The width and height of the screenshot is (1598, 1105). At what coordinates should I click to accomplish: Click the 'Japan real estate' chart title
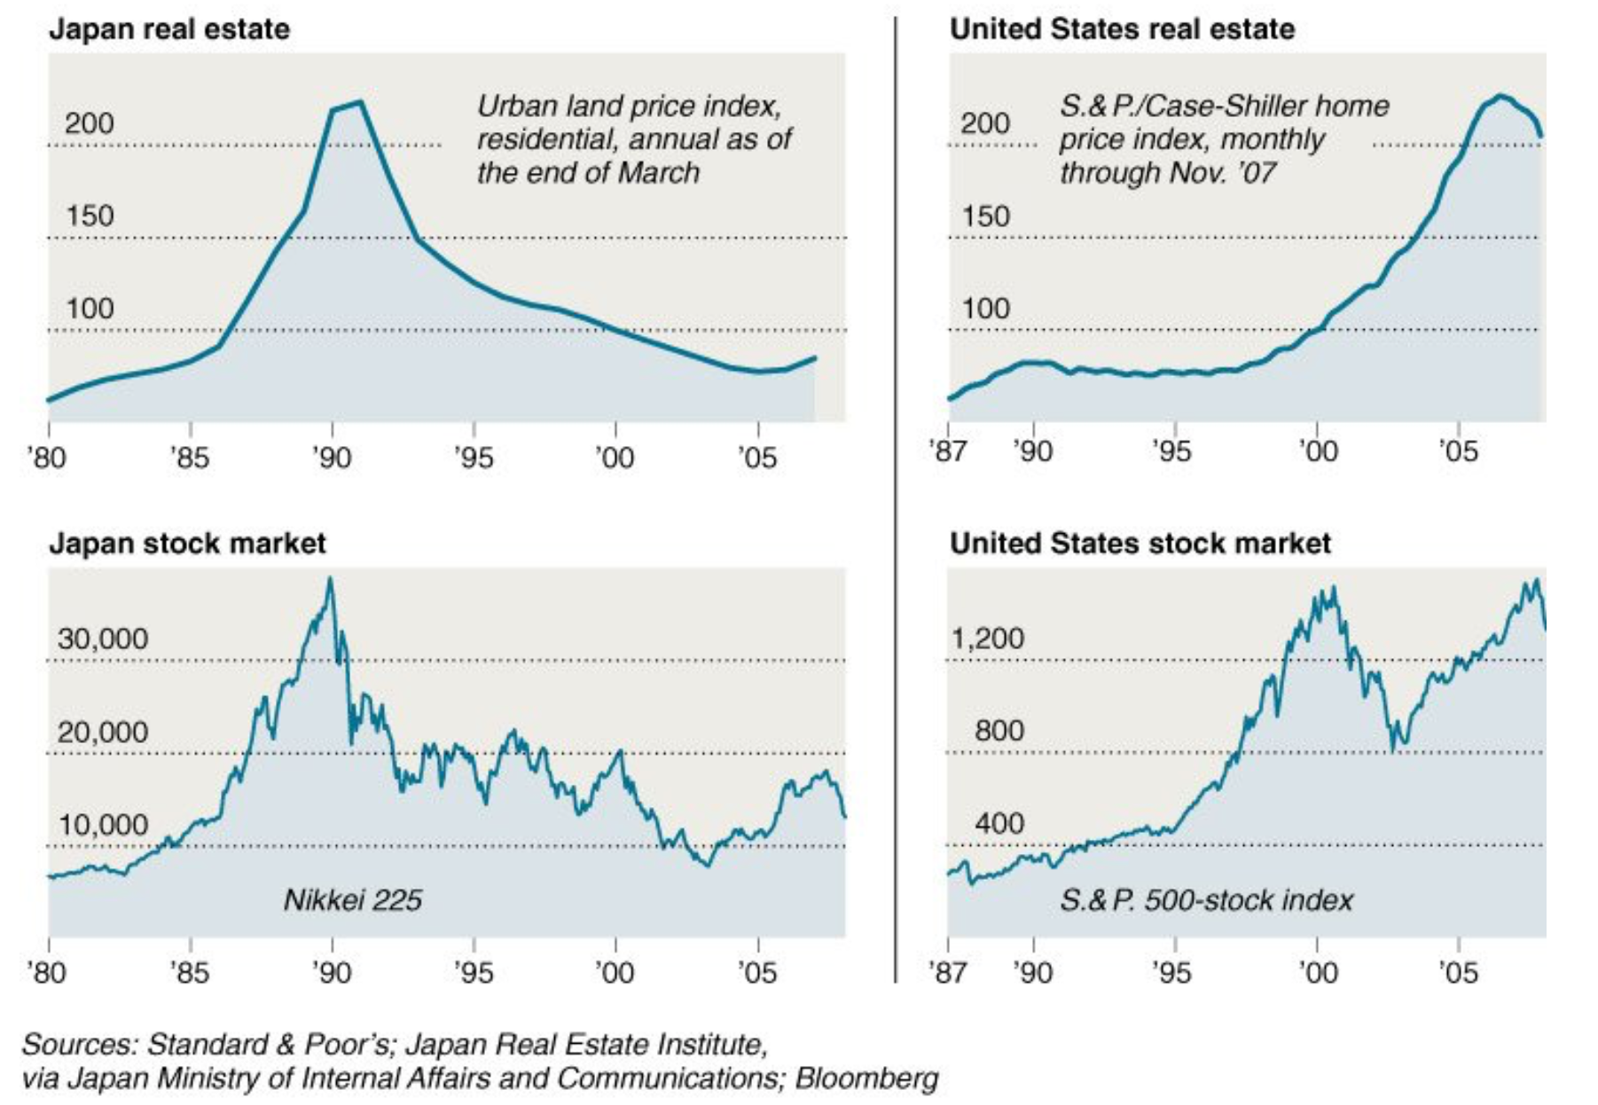pos(168,29)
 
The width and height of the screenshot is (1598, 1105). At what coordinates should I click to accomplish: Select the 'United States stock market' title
pos(1140,544)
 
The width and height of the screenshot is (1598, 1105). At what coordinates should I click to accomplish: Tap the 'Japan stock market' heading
pos(187,544)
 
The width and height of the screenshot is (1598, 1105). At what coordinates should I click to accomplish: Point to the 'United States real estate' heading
pos(1122,29)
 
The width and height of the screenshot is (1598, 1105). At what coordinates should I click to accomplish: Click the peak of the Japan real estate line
pos(360,102)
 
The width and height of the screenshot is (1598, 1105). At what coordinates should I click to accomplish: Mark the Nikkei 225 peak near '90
pos(330,579)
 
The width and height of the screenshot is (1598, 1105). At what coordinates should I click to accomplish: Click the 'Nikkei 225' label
pos(352,900)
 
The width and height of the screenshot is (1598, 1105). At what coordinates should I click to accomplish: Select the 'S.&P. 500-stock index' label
pos(1206,900)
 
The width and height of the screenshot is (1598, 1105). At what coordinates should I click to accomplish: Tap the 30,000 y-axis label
pos(103,639)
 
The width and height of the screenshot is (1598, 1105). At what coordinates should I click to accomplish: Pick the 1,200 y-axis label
pos(987,639)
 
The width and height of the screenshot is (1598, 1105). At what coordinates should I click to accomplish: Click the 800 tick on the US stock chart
pos(999,731)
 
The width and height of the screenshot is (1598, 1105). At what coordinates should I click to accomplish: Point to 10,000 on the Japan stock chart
pos(103,825)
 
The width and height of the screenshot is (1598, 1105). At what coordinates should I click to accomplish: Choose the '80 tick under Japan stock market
pos(47,973)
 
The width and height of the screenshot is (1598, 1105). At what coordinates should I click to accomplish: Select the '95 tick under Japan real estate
pos(473,458)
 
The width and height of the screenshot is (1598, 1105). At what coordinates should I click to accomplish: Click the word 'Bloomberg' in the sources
pos(866,1078)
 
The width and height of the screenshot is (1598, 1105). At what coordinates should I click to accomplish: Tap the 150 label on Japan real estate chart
pos(90,216)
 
